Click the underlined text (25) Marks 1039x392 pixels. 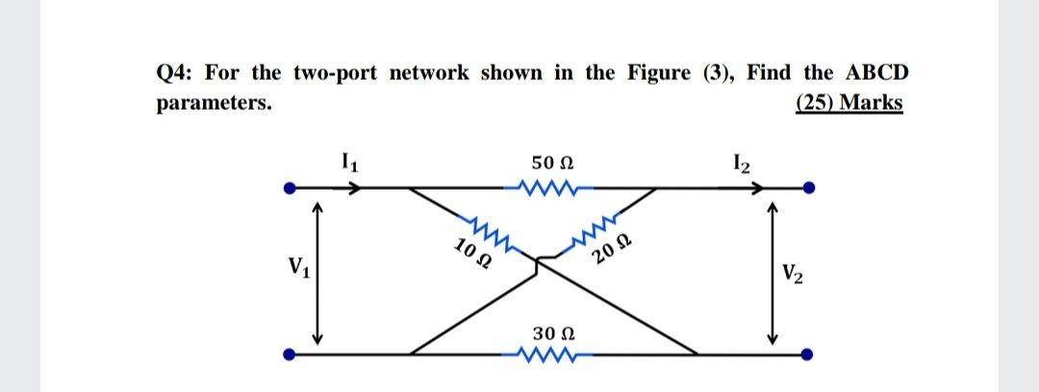click(850, 102)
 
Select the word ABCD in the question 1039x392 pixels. click(874, 73)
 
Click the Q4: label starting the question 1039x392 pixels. click(174, 74)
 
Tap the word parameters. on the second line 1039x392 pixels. click(213, 102)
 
